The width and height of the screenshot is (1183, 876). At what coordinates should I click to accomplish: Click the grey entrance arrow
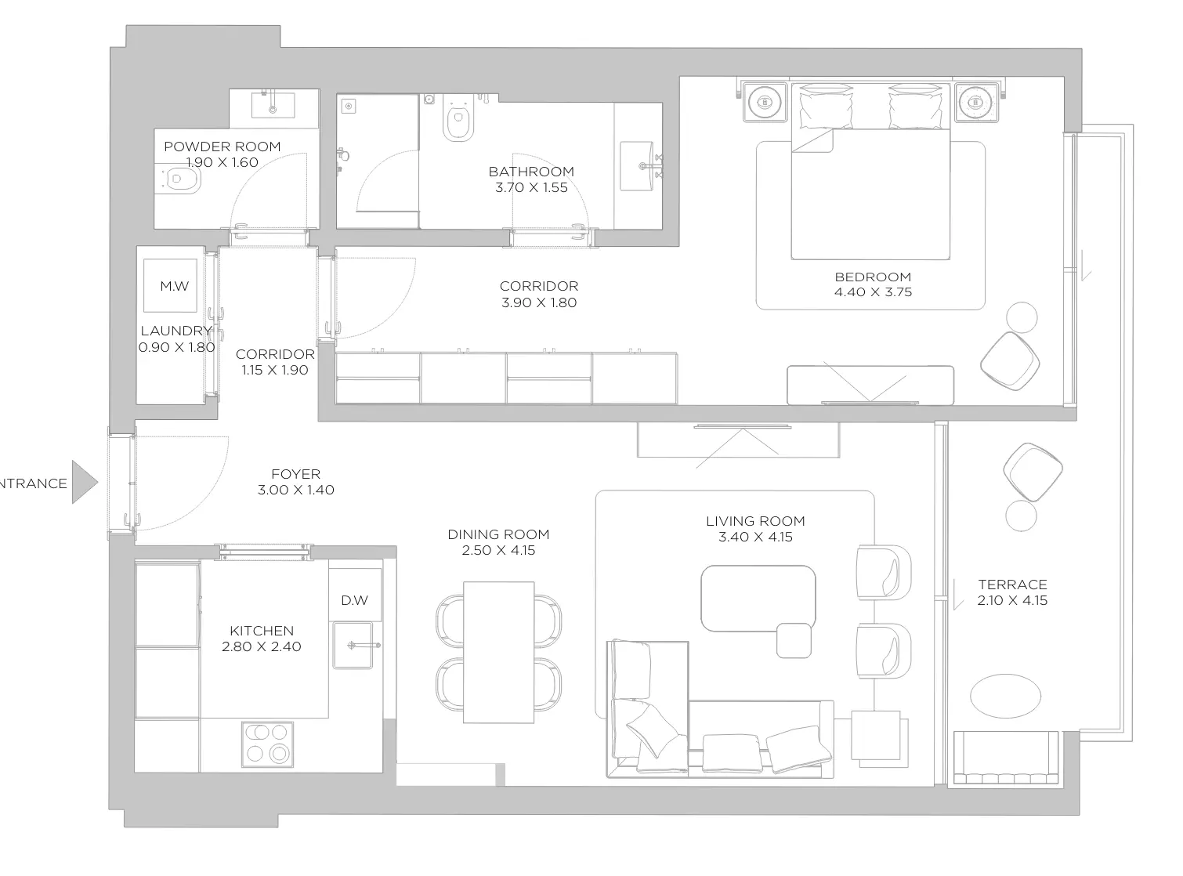point(85,483)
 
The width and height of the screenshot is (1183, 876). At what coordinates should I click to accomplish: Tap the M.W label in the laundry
point(175,287)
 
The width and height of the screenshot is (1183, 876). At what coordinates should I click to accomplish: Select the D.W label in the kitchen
point(354,601)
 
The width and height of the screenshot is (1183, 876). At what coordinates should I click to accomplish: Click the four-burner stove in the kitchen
point(267,744)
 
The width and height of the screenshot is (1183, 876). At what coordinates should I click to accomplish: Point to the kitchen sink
point(353,645)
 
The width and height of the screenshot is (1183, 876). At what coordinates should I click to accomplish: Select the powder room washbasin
point(273,105)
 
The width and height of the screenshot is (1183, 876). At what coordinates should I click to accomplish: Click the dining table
point(499,652)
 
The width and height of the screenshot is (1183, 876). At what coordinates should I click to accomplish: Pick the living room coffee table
point(758,599)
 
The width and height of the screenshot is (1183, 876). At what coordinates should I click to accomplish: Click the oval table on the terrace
point(1005,697)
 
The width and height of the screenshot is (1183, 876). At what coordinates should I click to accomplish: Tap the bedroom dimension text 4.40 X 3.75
point(873,292)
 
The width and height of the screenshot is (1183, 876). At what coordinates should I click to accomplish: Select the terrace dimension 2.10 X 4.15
point(1012,601)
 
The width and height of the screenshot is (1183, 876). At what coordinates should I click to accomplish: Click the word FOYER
point(296,474)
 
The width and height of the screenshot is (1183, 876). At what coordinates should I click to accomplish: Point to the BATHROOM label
point(531,172)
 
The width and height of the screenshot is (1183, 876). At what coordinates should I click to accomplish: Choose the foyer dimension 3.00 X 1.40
point(296,490)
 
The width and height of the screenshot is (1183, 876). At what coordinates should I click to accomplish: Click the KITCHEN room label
point(262,631)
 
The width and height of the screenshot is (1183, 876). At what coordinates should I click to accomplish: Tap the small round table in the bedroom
point(1022,317)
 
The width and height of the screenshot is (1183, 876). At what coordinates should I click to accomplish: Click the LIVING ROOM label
point(755,521)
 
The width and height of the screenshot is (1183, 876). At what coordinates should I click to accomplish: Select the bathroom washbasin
point(638,166)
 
